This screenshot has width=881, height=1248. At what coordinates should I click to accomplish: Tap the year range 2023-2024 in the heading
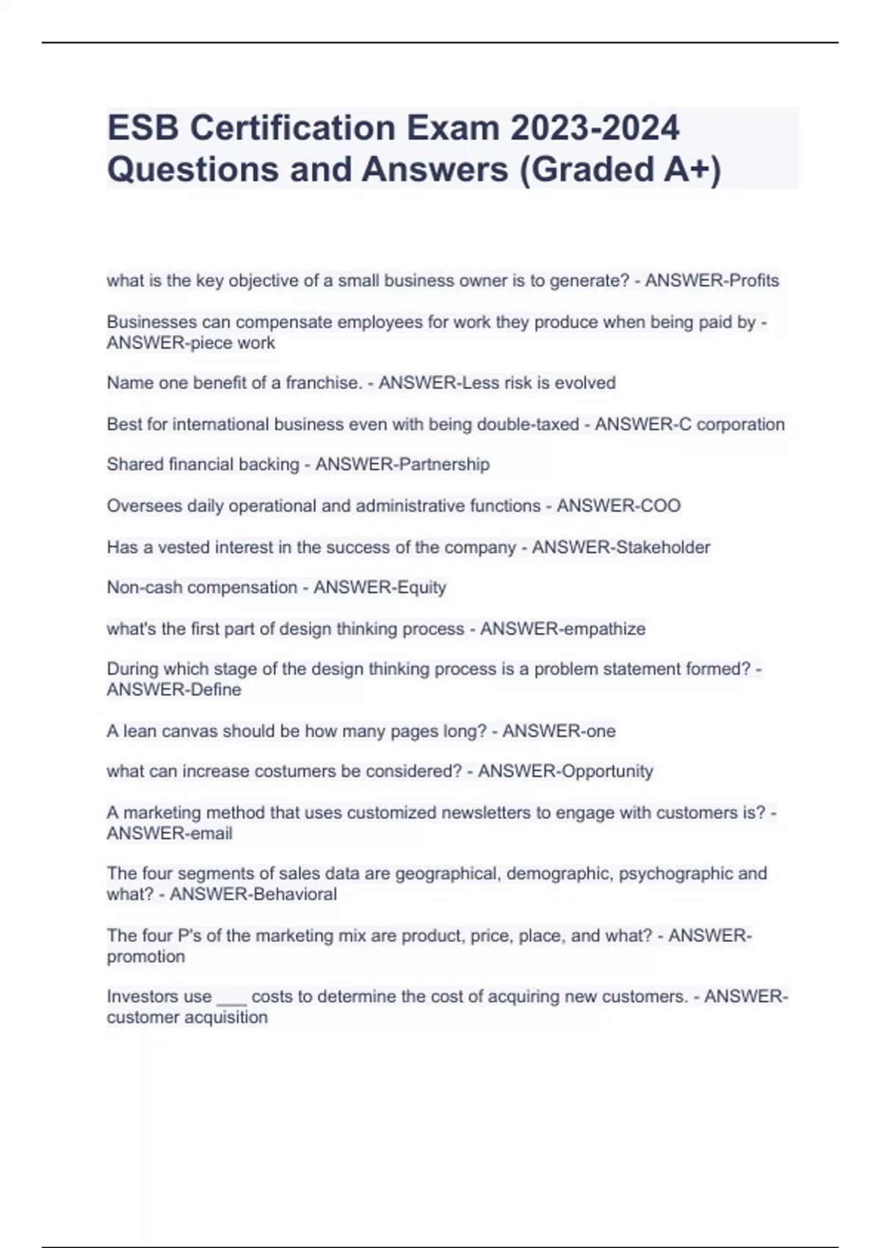(x=595, y=128)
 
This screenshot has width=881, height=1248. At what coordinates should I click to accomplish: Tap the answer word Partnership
(x=446, y=465)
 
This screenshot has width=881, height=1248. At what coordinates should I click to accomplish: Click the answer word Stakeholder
(x=666, y=547)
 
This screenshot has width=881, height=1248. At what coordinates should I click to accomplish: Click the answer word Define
(x=216, y=690)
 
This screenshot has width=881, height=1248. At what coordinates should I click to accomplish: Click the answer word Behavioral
(x=295, y=894)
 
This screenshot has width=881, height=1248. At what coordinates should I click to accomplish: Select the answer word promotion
(x=146, y=957)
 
